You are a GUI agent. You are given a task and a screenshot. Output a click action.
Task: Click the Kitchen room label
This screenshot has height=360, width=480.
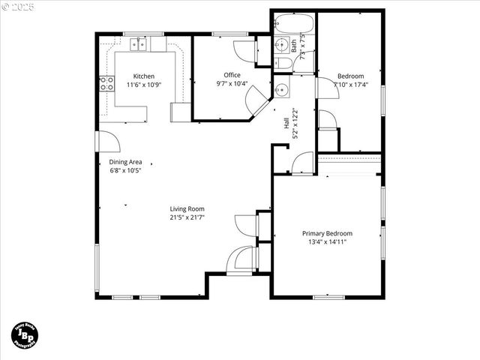(144, 76)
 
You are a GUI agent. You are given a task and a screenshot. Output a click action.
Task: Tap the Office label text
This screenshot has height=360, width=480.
(232, 75)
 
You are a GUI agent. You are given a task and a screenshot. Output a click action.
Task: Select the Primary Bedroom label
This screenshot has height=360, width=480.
(327, 233)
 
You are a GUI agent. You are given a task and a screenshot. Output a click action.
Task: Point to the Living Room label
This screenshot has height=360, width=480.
(187, 209)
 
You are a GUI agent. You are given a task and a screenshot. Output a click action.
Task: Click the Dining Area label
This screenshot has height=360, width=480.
(125, 162)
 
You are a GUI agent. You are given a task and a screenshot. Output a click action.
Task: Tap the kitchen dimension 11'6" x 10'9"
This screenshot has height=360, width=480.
(144, 85)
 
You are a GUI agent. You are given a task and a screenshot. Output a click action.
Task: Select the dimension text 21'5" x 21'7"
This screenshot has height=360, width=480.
(187, 217)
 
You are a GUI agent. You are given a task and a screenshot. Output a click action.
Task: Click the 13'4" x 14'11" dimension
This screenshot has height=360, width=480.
(327, 241)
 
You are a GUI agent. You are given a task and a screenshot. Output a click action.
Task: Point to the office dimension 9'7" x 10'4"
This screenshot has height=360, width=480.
(232, 83)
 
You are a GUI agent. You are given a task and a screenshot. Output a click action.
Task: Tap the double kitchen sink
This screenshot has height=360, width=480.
(139, 45)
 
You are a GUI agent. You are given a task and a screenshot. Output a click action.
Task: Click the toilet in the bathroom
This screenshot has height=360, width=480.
(283, 62)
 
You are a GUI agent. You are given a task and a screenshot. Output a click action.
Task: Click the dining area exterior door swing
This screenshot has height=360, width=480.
(106, 142)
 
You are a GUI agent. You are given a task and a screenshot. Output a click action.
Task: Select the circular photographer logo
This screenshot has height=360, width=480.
(25, 335)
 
